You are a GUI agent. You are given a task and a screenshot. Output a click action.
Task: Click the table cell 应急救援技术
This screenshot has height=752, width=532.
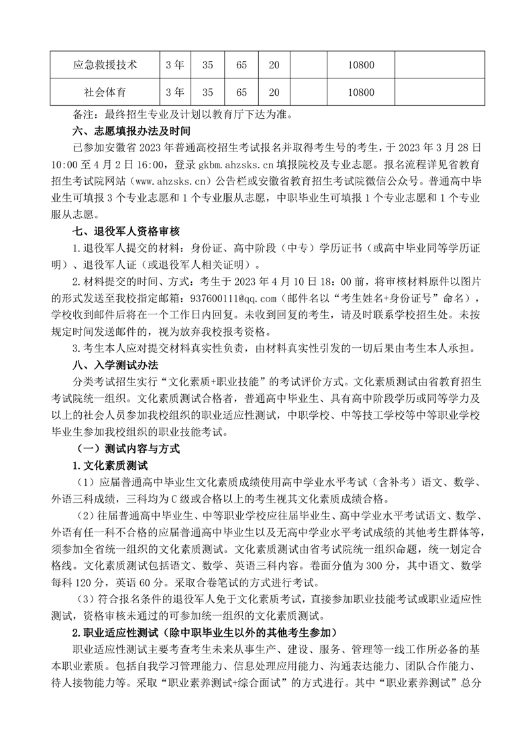pos(105,65)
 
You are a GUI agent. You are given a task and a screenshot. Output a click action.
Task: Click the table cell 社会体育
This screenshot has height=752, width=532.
pos(105,92)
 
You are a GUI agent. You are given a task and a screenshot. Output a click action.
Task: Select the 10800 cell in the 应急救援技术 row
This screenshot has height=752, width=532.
pos(361,65)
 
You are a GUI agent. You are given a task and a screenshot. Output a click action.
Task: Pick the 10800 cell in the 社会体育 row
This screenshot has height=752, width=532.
pos(361,92)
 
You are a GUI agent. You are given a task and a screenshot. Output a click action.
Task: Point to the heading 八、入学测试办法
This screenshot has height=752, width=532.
pos(115,365)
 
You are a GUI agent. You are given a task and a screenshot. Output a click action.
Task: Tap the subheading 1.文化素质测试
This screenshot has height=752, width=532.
pos(110,466)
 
